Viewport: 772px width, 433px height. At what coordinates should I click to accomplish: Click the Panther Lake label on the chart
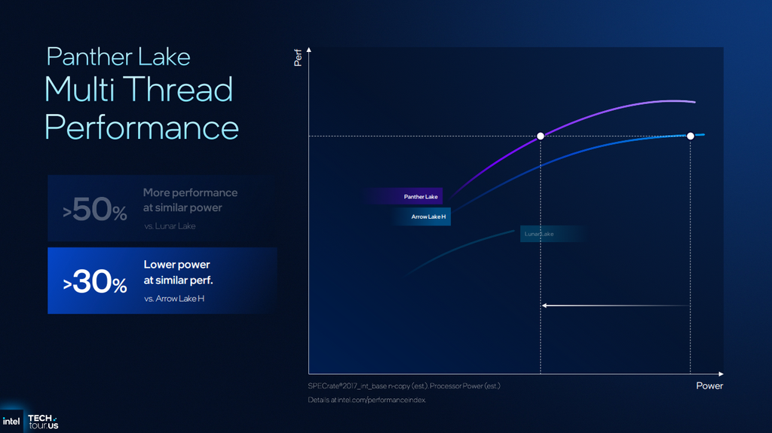pyautogui.click(x=420, y=197)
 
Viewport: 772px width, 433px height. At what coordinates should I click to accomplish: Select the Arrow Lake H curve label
pyautogui.click(x=428, y=217)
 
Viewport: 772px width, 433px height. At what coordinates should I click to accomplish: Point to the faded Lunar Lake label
pyautogui.click(x=538, y=235)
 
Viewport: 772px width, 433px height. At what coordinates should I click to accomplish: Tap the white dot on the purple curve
pyautogui.click(x=541, y=136)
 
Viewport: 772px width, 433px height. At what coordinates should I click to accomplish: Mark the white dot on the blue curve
pyautogui.click(x=690, y=136)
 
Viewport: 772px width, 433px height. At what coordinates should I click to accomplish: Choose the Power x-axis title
pyautogui.click(x=709, y=386)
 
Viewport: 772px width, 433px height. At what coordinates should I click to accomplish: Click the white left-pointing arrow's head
pyautogui.click(x=545, y=306)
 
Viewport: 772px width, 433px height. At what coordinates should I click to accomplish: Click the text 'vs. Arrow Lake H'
pyautogui.click(x=174, y=299)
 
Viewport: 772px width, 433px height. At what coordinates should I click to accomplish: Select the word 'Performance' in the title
pyautogui.click(x=142, y=127)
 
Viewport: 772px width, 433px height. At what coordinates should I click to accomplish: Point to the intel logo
pyautogui.click(x=11, y=421)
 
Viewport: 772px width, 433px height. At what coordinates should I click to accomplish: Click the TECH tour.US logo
pyautogui.click(x=42, y=422)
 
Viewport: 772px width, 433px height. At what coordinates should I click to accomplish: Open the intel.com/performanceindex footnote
pyautogui.click(x=366, y=400)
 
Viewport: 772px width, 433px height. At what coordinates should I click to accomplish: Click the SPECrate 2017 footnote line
pyautogui.click(x=403, y=386)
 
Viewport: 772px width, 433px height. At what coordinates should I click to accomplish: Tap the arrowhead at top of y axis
pyautogui.click(x=309, y=51)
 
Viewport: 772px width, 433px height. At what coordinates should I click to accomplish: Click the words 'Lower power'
pyautogui.click(x=177, y=265)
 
